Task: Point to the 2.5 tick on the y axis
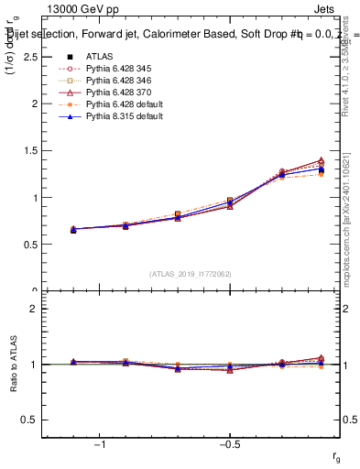(31, 57)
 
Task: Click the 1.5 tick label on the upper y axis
(31, 150)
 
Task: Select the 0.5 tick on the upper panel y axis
(31, 245)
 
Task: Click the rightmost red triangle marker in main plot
(321, 160)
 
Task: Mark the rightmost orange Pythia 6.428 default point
(321, 174)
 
